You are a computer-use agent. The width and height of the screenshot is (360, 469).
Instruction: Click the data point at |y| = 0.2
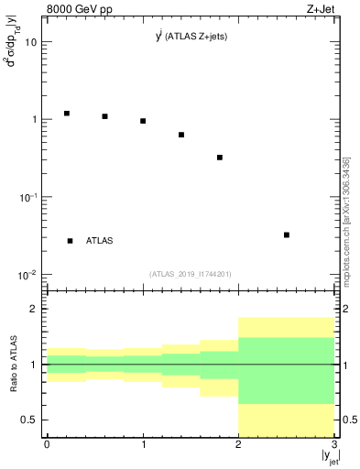point(67,114)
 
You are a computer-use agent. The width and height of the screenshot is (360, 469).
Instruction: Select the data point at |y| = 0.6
point(105,116)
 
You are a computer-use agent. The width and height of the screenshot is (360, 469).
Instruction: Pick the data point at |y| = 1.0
point(144,121)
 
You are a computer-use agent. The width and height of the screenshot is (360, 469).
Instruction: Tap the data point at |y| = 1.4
point(181,135)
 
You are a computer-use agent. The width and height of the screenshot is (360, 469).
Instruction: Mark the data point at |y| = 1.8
point(220,158)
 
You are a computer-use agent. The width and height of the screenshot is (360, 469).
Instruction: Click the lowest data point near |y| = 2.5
point(287,234)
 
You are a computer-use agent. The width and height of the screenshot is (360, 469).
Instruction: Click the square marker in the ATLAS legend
point(71,241)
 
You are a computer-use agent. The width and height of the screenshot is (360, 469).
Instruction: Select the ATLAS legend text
point(100,241)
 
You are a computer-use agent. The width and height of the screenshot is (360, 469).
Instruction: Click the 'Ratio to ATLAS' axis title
point(14,365)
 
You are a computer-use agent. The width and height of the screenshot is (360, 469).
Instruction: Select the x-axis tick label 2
point(238,443)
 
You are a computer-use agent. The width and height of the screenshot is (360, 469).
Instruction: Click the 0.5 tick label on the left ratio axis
point(30,420)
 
